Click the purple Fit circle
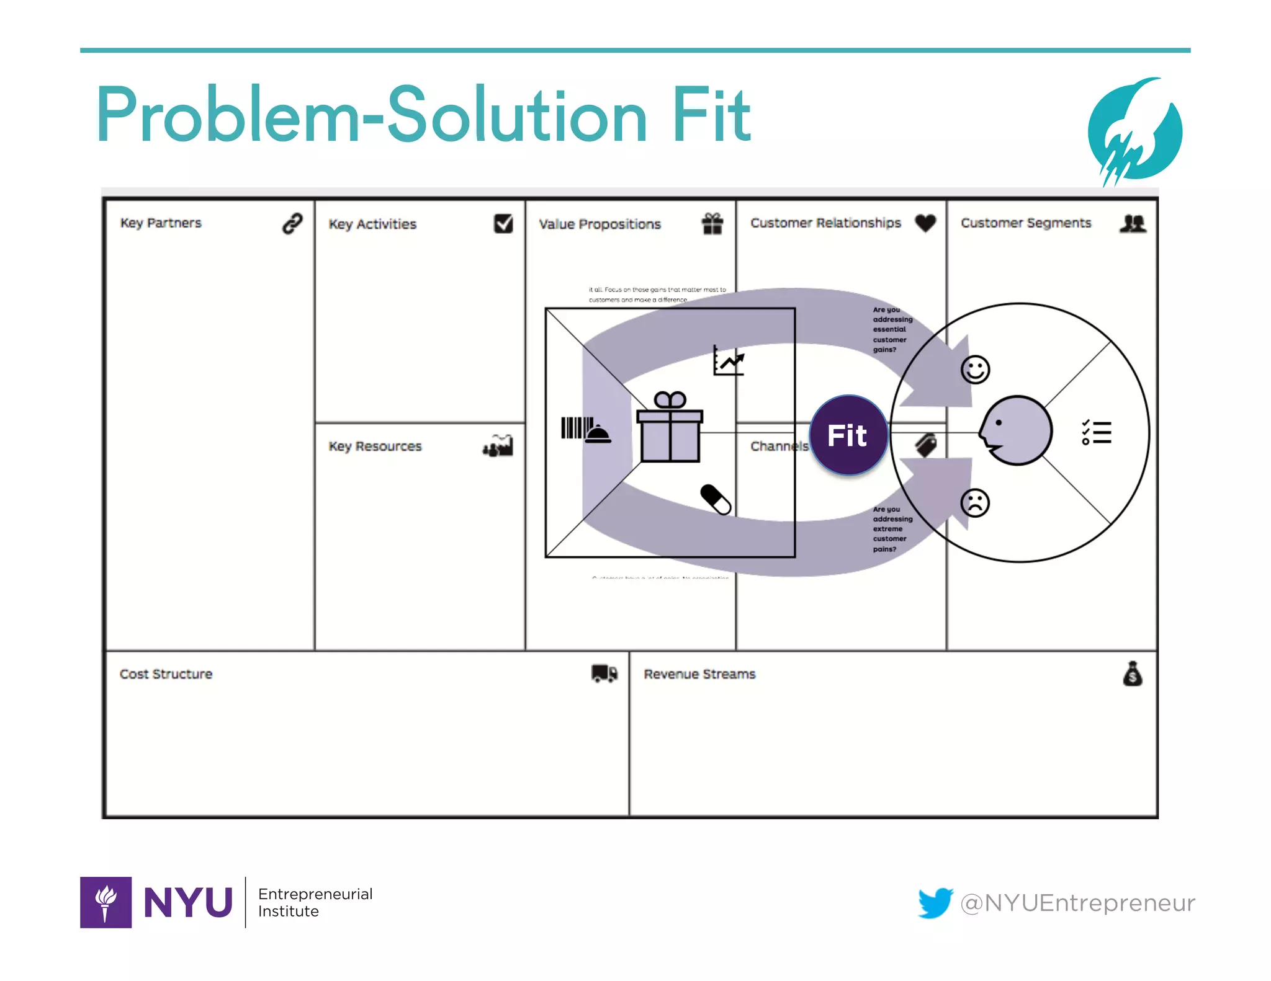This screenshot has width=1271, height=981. click(x=848, y=435)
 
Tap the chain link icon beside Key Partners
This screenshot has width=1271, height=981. click(x=292, y=223)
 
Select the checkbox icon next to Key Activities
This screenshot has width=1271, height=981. click(x=503, y=223)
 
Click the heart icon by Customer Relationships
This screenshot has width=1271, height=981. click(x=925, y=223)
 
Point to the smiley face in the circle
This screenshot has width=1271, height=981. click(x=975, y=370)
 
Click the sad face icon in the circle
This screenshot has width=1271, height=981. click(x=975, y=503)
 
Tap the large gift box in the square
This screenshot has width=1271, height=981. click(x=670, y=428)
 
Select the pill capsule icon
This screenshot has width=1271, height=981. click(x=716, y=499)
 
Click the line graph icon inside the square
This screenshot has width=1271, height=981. click(x=728, y=360)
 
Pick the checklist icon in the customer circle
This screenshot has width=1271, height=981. click(x=1097, y=432)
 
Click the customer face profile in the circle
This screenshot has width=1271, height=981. click(x=1015, y=430)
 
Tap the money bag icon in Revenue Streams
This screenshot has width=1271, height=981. click(x=1133, y=673)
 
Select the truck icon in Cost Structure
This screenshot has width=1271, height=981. click(x=604, y=673)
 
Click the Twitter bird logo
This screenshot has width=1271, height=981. click(x=935, y=902)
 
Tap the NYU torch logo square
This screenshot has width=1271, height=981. click(x=106, y=902)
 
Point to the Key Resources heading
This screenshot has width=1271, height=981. click(x=375, y=446)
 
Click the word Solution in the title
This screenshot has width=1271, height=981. click(x=518, y=116)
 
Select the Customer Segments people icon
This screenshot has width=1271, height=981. click(x=1133, y=223)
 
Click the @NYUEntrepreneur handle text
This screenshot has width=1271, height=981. click(x=1077, y=903)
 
